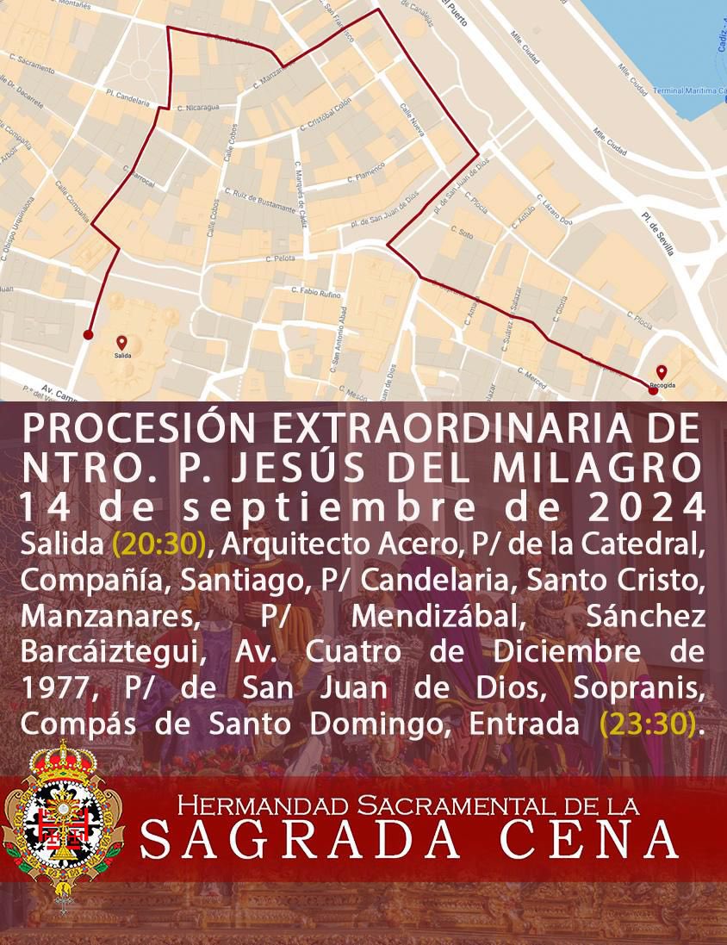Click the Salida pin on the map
(121, 343)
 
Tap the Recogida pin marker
(661, 371)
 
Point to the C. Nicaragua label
(198, 108)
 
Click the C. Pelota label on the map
(282, 258)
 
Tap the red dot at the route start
(88, 334)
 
